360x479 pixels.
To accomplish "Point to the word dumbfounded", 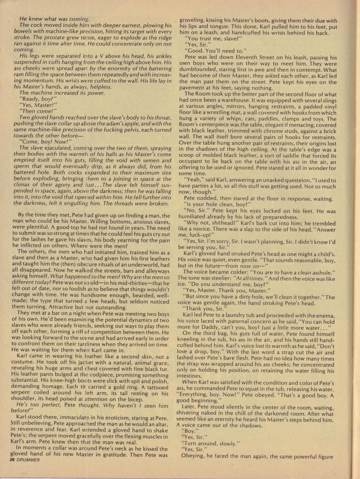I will tap(200, 70).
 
